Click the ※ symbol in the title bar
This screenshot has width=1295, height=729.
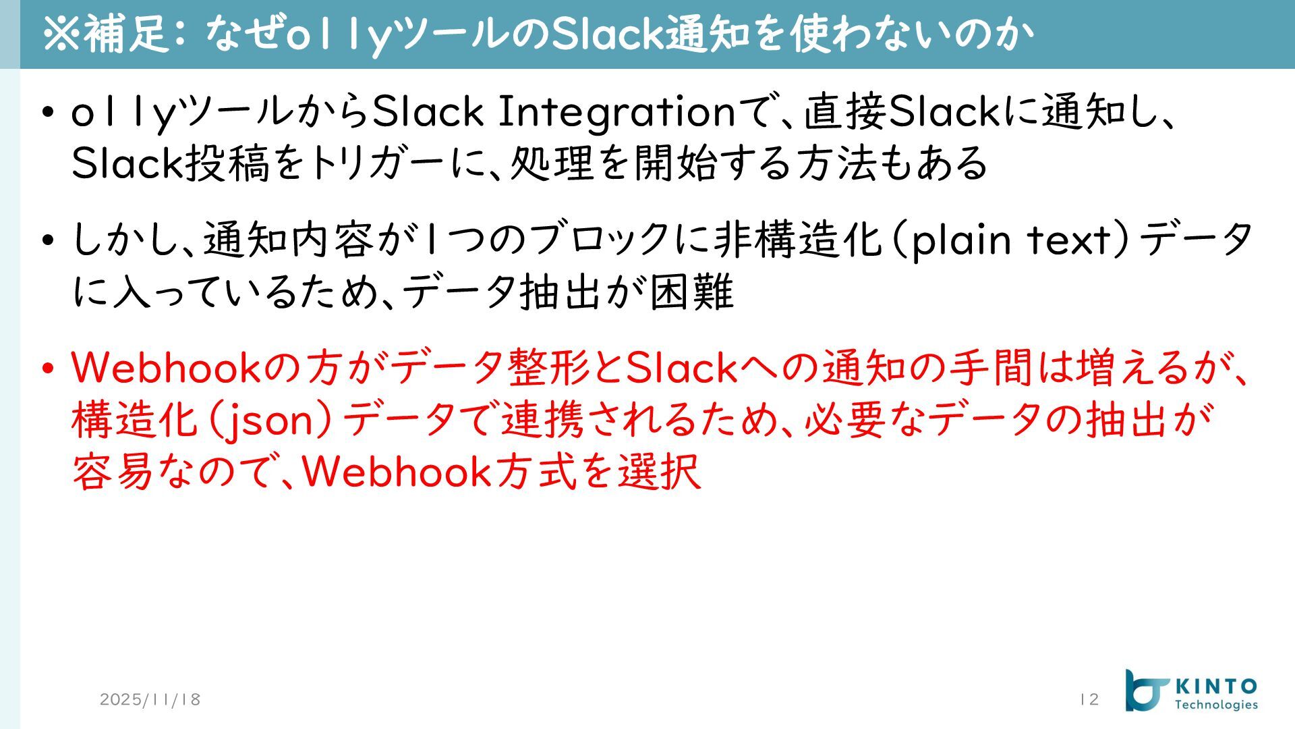coord(61,34)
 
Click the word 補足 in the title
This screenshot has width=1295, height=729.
coord(125,34)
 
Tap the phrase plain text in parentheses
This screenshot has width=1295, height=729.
coord(1010,240)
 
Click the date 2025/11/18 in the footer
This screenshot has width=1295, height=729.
coord(150,699)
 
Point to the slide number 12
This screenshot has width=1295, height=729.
coord(1089,699)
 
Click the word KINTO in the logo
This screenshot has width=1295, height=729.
coord(1216,687)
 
